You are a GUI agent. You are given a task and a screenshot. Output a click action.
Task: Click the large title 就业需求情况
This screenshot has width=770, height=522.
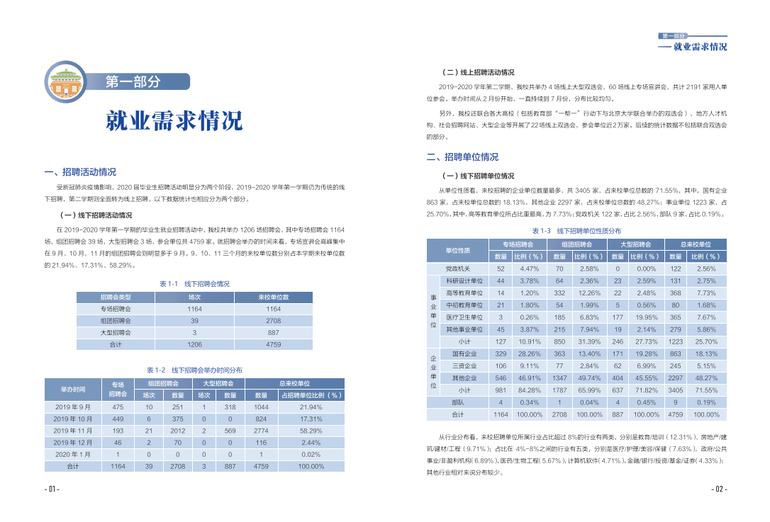pyautogui.click(x=174, y=121)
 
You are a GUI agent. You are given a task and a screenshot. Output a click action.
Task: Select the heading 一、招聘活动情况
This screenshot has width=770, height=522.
pyautogui.click(x=80, y=172)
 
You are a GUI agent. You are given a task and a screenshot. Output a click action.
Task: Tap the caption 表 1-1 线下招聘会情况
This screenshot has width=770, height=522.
pyautogui.click(x=194, y=283)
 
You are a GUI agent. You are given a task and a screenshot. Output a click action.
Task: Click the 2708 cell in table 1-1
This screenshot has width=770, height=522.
pyautogui.click(x=273, y=321)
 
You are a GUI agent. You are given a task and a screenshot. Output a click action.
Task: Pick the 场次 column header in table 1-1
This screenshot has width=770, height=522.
pyautogui.click(x=195, y=297)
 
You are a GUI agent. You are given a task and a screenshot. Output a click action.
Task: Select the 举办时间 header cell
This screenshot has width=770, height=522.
pyautogui.click(x=73, y=389)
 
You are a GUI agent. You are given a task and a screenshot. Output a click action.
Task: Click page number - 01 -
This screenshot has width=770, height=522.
pyautogui.click(x=51, y=489)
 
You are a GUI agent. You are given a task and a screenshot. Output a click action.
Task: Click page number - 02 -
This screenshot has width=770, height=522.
pyautogui.click(x=719, y=489)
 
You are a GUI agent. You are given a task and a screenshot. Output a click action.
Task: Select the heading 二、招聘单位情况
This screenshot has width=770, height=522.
pyautogui.click(x=462, y=157)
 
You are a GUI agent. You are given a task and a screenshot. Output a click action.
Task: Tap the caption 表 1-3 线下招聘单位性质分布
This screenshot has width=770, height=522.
pyautogui.click(x=576, y=231)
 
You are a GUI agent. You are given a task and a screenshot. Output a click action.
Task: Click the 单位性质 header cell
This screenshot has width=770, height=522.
pyautogui.click(x=458, y=250)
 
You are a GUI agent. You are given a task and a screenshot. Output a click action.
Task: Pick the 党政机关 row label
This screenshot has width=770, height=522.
pyautogui.click(x=458, y=268)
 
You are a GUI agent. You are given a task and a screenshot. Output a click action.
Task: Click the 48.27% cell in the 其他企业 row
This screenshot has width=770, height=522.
pyautogui.click(x=706, y=378)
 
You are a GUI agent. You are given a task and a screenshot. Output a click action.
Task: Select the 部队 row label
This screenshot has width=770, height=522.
pyautogui.click(x=458, y=402)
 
